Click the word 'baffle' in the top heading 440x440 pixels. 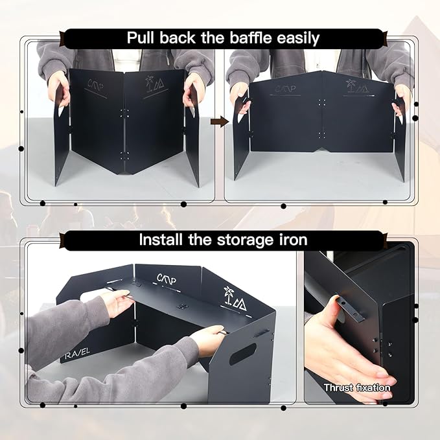pos(251,38)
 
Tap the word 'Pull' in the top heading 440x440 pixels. pos(141,38)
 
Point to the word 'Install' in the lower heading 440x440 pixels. pos(161,240)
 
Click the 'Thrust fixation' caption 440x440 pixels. pos(357,388)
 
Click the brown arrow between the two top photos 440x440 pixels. pos(220,122)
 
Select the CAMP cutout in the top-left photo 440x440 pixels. pos(96,84)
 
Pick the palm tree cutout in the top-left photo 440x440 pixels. pos(149,84)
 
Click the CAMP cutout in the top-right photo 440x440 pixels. pos(285,89)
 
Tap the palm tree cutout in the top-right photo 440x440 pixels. pos(350,86)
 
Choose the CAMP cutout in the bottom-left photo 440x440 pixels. pos(167,279)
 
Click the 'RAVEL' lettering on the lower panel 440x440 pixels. pos(77,354)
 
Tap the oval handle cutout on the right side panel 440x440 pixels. pos(243,354)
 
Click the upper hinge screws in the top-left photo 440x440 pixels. pos(124,113)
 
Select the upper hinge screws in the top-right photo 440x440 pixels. pos(322,102)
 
